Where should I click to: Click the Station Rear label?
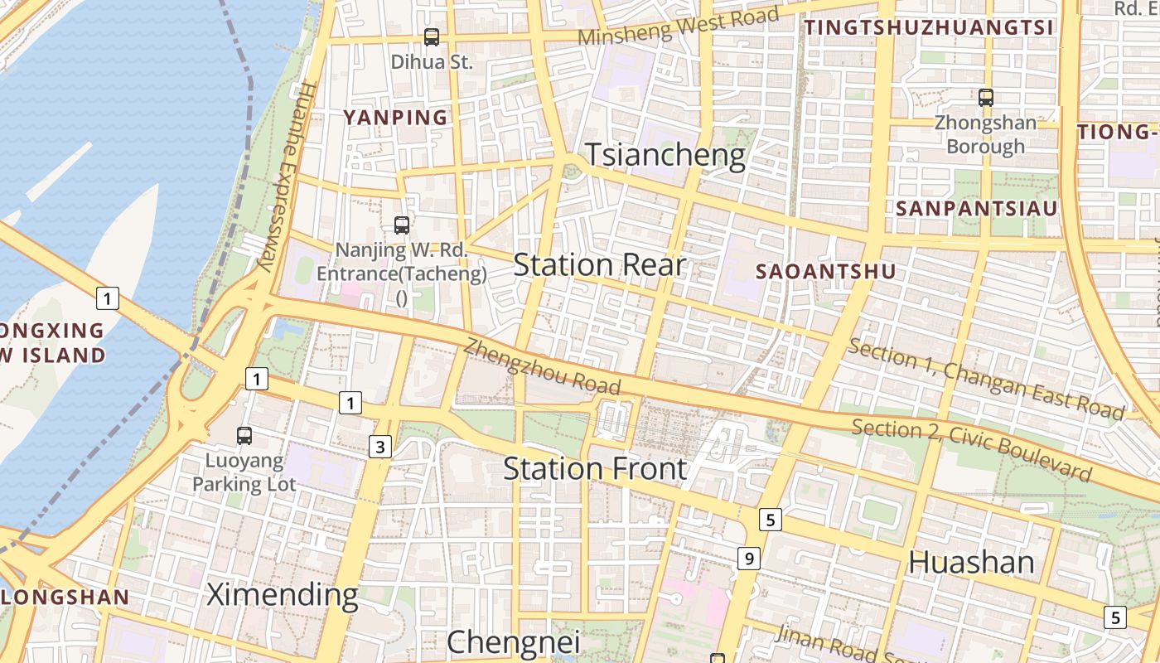click(600, 265)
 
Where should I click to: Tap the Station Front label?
click(595, 469)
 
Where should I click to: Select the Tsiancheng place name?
click(666, 156)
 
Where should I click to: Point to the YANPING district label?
click(395, 118)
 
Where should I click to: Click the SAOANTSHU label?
click(825, 271)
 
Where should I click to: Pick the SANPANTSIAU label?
click(977, 208)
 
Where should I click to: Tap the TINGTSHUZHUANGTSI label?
click(929, 27)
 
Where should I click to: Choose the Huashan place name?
click(971, 563)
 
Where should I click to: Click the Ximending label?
click(282, 594)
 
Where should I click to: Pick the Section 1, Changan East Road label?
click(986, 379)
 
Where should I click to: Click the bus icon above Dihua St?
click(431, 36)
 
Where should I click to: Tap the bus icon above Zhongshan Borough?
click(985, 98)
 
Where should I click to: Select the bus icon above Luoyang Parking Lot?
click(244, 435)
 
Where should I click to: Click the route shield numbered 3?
click(379, 448)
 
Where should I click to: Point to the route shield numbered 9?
click(749, 559)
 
